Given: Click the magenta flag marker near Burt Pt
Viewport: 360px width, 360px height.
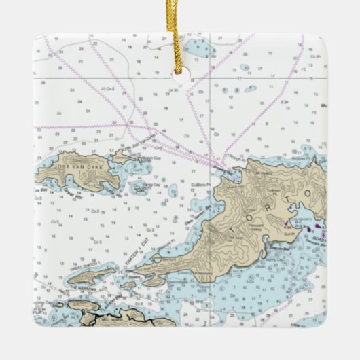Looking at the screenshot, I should pos(288,222).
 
